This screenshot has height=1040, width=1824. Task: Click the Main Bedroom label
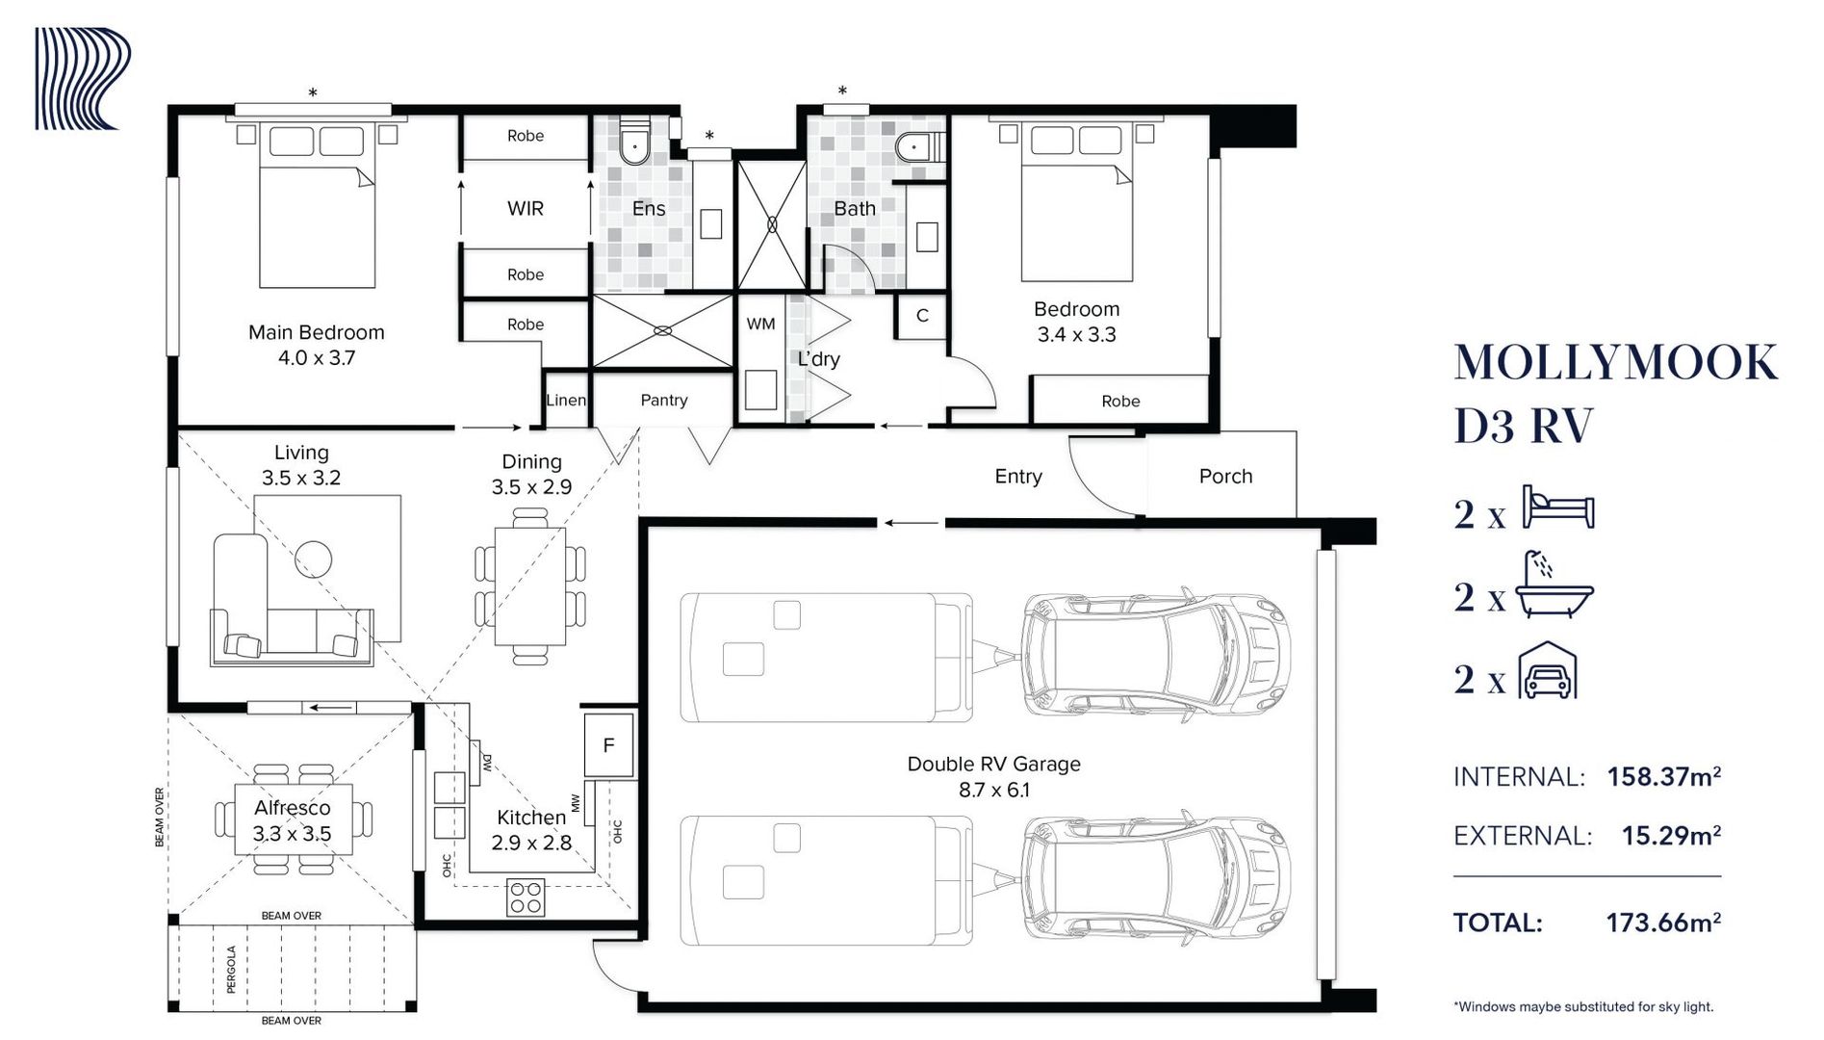pyautogui.click(x=316, y=332)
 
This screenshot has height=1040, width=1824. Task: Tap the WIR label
pyautogui.click(x=526, y=208)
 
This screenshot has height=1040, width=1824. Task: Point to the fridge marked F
pyautogui.click(x=608, y=744)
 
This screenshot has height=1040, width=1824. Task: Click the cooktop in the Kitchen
pyautogui.click(x=526, y=897)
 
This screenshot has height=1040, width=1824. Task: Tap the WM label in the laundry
pyautogui.click(x=760, y=325)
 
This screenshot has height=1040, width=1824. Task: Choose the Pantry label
pyautogui.click(x=664, y=400)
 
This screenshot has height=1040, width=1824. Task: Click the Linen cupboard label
pyautogui.click(x=566, y=400)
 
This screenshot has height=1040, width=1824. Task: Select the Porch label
pyautogui.click(x=1225, y=476)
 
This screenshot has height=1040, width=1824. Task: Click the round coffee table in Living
pyautogui.click(x=313, y=559)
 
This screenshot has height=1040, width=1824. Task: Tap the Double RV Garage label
pyautogui.click(x=993, y=764)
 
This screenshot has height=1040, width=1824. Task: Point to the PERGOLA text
pyautogui.click(x=231, y=969)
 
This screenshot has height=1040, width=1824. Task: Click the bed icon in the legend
pyautogui.click(x=1558, y=507)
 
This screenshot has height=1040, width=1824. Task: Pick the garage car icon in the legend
pyautogui.click(x=1548, y=670)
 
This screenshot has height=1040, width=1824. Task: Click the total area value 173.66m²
pyautogui.click(x=1663, y=923)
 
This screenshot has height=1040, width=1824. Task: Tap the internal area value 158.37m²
pyautogui.click(x=1663, y=776)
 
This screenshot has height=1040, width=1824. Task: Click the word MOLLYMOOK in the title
pyautogui.click(x=1615, y=363)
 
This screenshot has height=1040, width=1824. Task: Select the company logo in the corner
pyautogui.click(x=83, y=79)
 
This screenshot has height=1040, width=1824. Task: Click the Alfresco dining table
pyautogui.click(x=294, y=819)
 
